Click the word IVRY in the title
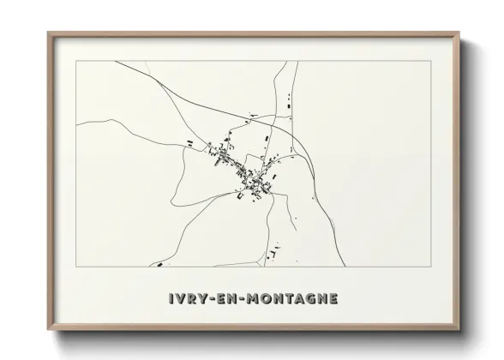[x=183, y=298]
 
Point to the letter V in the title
[x=177, y=298]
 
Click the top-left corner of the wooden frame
[x=49, y=33]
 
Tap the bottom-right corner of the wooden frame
[x=459, y=330]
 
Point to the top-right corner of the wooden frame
[x=459, y=33]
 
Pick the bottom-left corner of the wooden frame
[x=49, y=330]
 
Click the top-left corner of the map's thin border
[x=76, y=61]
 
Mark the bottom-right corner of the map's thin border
[x=431, y=267]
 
